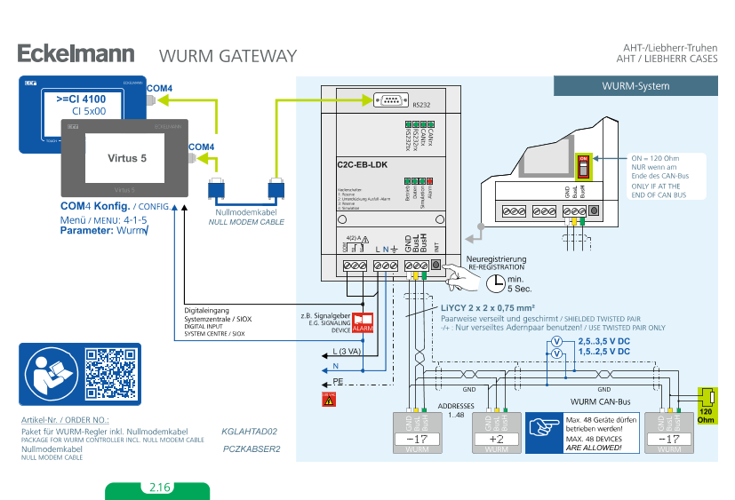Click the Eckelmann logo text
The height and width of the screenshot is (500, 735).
click(76, 54)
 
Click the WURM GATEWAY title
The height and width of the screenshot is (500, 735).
click(228, 56)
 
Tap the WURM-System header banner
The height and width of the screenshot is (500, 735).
click(635, 86)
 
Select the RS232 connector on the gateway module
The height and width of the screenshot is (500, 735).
click(391, 101)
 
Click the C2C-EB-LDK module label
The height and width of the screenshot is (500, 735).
click(362, 164)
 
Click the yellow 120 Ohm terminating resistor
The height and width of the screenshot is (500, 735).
click(706, 397)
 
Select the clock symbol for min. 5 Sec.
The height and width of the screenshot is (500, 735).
click(495, 283)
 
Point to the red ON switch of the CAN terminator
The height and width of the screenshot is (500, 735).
click(584, 164)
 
